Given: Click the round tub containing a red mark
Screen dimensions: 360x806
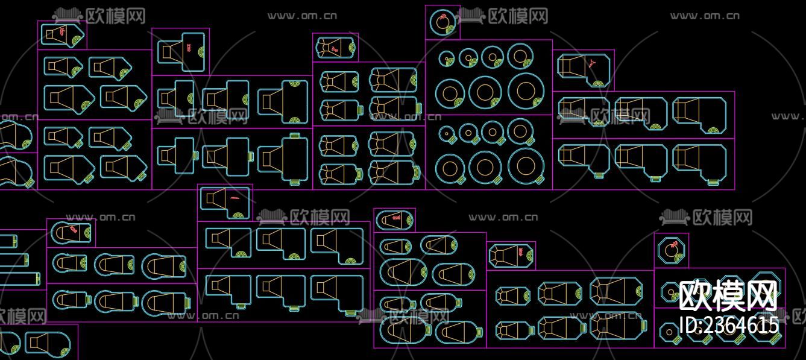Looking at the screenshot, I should (442, 23).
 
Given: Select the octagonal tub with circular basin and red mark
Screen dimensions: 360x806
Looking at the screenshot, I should (671, 250).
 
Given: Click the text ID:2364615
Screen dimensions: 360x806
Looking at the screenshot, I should (729, 326).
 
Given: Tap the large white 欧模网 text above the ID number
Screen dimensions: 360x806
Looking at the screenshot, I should (728, 295).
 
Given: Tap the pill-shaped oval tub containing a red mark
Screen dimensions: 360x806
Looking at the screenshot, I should (394, 220).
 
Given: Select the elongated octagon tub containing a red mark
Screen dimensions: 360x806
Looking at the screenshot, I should (511, 255).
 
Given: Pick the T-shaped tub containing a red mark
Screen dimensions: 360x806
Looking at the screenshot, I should (181, 52).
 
